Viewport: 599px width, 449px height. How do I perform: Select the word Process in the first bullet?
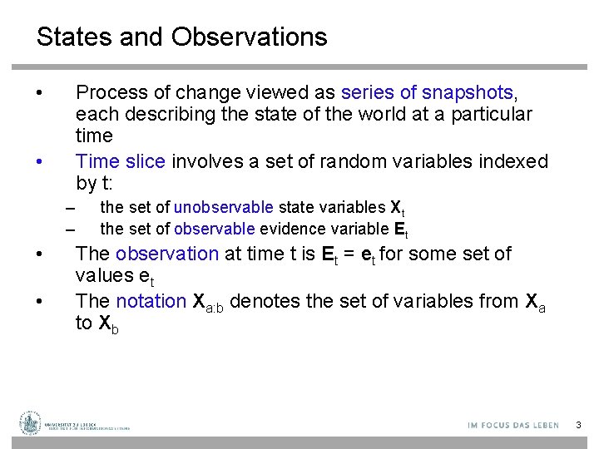coord(106,92)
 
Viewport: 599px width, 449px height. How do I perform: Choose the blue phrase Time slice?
coord(120,161)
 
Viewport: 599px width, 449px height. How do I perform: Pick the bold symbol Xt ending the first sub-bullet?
coord(397,208)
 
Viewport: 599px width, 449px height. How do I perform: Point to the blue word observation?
coord(166,254)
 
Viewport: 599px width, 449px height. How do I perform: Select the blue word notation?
coord(151,301)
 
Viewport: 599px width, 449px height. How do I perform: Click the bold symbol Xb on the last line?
coord(108,324)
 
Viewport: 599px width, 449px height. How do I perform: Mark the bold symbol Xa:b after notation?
coord(209,303)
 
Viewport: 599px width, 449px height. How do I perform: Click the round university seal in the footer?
coord(31,422)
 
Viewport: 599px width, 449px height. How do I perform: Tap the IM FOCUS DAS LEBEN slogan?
coord(513,425)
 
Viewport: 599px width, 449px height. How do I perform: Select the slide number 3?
coord(578,425)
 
